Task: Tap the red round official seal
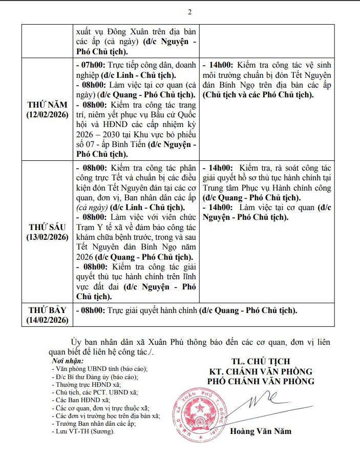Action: point(200,411)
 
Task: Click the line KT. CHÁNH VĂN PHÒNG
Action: point(261,371)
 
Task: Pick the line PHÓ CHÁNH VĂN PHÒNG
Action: point(261,381)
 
